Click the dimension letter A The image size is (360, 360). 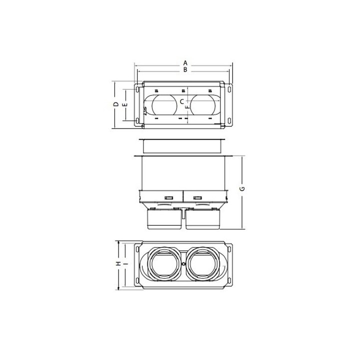click(185, 63)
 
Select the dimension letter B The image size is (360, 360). click(185, 69)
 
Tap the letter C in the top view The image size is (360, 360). click(181, 101)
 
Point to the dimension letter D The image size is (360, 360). click(116, 104)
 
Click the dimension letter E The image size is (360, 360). click(125, 104)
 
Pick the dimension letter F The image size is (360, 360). click(188, 107)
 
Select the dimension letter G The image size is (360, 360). click(242, 188)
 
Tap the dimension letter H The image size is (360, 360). click(118, 263)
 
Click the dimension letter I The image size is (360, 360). click(125, 263)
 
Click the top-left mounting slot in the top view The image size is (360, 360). click(137, 89)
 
